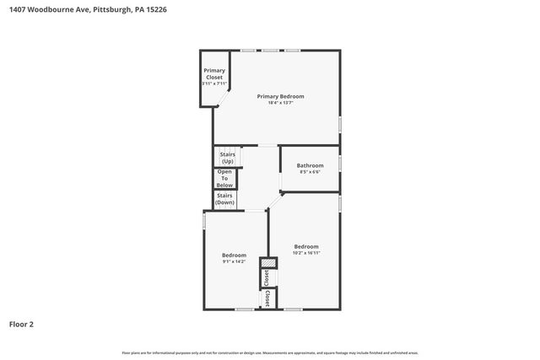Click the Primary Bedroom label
pos(280,97)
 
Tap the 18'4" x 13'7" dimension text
pos(280,103)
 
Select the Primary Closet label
pos(213,73)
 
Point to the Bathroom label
pos(310,165)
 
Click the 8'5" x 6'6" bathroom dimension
pos(310,172)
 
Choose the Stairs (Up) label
pos(227,158)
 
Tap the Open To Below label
pos(224,178)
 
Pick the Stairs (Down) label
pos(224,199)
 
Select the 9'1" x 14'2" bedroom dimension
pos(234,261)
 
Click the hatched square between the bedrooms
pos(267,263)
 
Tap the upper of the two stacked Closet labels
pos(267,277)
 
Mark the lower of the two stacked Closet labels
pos(267,298)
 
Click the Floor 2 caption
pos(21,324)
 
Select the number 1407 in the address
pos(17,9)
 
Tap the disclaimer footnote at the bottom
pos(270,352)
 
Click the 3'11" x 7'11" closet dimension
pos(213,83)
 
